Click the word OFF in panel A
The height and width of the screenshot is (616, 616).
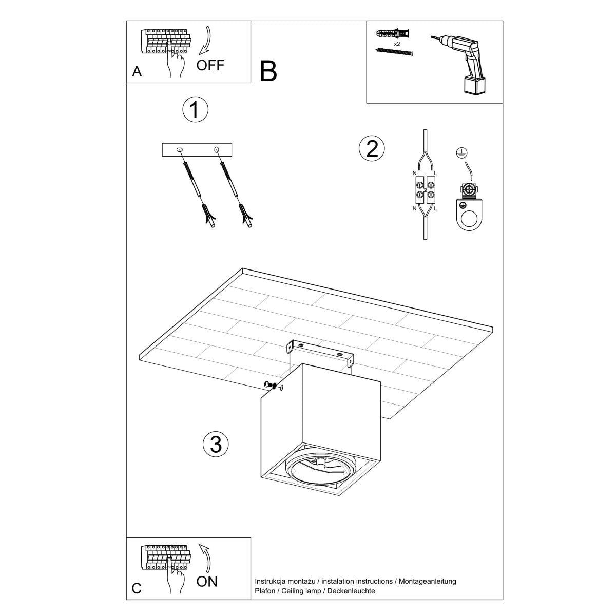[210, 65]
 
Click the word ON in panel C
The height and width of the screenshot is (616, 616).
[207, 581]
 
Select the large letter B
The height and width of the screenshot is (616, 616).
[268, 71]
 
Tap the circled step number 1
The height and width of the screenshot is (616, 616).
[195, 109]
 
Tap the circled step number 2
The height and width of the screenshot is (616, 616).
[371, 148]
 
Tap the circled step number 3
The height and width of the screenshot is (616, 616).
[216, 444]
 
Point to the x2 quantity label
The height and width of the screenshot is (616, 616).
[397, 45]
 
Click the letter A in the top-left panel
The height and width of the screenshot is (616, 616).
[137, 72]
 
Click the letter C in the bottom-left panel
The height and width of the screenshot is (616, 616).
[137, 588]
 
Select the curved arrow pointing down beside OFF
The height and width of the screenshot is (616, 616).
[206, 41]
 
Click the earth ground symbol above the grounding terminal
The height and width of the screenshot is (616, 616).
[461, 152]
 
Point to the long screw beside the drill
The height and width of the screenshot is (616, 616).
[394, 52]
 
